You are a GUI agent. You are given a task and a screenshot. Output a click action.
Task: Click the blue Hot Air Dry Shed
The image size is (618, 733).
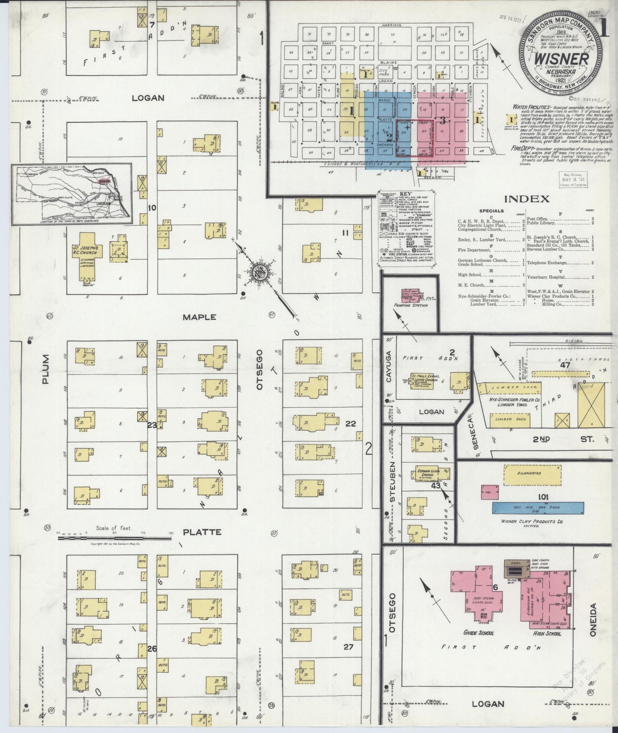click(538, 508)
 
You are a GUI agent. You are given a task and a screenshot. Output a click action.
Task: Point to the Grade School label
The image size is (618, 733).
click(478, 633)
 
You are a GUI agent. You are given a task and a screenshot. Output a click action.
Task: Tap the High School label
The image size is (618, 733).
click(547, 633)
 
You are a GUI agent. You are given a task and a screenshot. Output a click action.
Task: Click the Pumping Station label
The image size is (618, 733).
click(410, 305)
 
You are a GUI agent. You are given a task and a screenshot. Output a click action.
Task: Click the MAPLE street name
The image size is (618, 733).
click(199, 317)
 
